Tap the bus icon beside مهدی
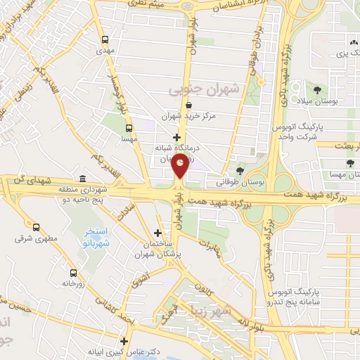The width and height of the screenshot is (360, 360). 105,39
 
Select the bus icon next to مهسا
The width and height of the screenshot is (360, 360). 129,128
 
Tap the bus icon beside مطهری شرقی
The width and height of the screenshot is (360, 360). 36,227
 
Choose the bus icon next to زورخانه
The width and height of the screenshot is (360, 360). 73,273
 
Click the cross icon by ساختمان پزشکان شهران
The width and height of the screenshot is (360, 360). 157,233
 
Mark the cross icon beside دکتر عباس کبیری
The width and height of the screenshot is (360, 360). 124,341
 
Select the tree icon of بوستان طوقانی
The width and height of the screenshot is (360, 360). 240,170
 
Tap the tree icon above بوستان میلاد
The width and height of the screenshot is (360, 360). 319,90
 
